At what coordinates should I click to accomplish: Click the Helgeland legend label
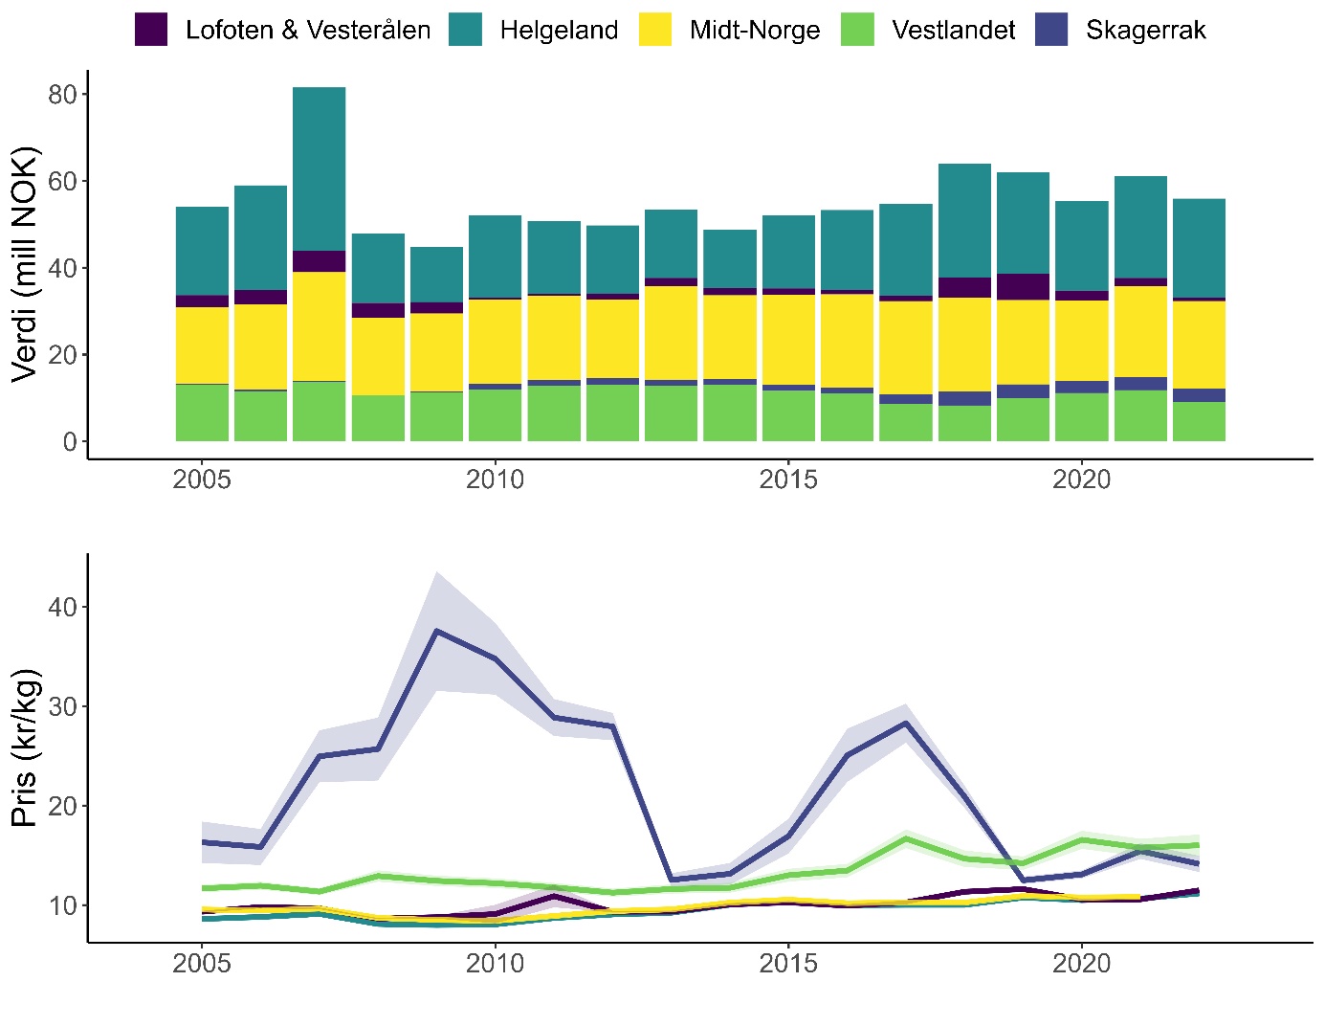click(x=559, y=31)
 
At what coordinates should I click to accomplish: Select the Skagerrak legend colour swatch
click(x=1051, y=30)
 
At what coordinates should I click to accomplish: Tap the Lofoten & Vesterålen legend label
click(x=307, y=31)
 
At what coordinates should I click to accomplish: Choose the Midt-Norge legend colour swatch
click(x=655, y=30)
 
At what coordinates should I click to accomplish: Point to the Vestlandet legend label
click(x=953, y=31)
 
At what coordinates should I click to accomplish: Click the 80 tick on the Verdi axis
click(x=62, y=95)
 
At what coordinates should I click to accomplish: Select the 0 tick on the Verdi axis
click(x=70, y=442)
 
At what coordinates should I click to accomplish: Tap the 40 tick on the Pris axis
click(x=62, y=608)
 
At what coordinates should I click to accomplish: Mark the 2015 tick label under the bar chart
click(x=788, y=480)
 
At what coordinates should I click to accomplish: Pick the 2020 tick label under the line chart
click(x=1081, y=963)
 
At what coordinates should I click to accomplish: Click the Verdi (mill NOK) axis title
click(x=25, y=263)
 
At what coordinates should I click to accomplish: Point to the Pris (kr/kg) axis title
click(x=25, y=747)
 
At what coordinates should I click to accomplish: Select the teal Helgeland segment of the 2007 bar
click(x=320, y=169)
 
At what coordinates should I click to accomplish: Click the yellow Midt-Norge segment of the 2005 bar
click(x=202, y=346)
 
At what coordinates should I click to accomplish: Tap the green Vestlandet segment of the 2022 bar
click(x=1199, y=422)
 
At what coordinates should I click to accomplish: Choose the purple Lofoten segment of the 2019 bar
click(x=1023, y=287)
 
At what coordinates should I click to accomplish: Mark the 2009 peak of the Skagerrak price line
click(x=436, y=631)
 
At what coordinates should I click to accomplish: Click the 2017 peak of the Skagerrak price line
click(x=906, y=724)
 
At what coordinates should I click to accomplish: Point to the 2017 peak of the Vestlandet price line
click(x=906, y=839)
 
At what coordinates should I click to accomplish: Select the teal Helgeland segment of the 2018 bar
click(x=964, y=221)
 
